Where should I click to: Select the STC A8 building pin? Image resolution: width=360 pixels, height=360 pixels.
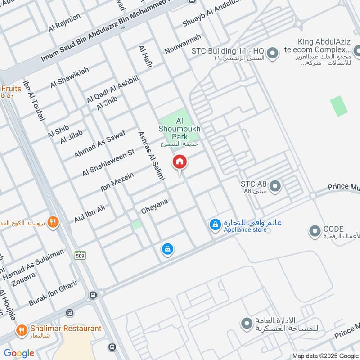(275, 185)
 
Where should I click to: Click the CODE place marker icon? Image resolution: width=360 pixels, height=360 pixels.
(314, 231)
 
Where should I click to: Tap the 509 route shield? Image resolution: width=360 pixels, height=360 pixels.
(81, 255)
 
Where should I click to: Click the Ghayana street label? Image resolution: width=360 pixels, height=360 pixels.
(154, 206)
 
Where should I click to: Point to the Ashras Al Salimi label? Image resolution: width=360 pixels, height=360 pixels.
(150, 156)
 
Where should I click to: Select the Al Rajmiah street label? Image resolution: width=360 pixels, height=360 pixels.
(64, 22)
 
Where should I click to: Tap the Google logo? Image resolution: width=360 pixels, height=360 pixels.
(19, 353)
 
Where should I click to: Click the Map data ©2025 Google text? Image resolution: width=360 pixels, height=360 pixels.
(325, 355)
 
